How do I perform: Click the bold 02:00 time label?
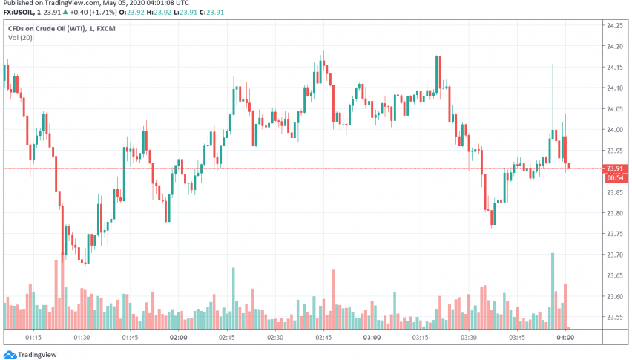pos(178,337)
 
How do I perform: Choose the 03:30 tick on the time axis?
pos(469,337)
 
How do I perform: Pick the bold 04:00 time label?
pos(566,337)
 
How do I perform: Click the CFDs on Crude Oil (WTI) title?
pos(53,28)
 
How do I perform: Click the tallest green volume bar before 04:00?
pos(553,290)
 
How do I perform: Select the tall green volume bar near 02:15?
pos(234,298)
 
